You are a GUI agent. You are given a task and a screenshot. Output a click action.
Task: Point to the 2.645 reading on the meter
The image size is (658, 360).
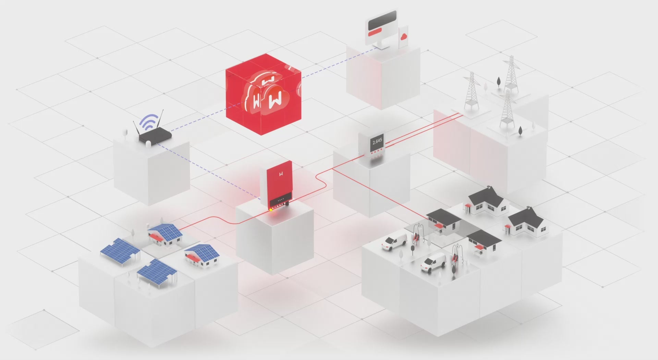pos(377,141)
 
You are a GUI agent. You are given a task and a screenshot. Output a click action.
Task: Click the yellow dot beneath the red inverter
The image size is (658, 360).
pos(271,209)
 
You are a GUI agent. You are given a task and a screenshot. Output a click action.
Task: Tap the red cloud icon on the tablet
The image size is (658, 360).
pos(404,36)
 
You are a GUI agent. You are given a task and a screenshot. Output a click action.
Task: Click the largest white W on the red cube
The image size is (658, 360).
pos(275,99)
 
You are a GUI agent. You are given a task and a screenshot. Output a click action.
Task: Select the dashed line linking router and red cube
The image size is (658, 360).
pos(198,121)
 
